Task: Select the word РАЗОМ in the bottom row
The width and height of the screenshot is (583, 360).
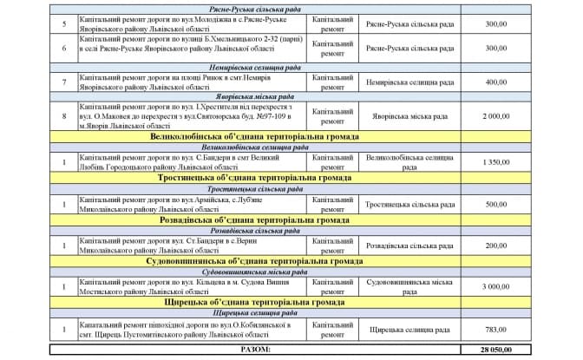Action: (x=255, y=349)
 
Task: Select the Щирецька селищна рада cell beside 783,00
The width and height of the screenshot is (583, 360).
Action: (x=407, y=330)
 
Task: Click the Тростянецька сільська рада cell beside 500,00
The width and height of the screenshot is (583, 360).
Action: (x=407, y=204)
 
